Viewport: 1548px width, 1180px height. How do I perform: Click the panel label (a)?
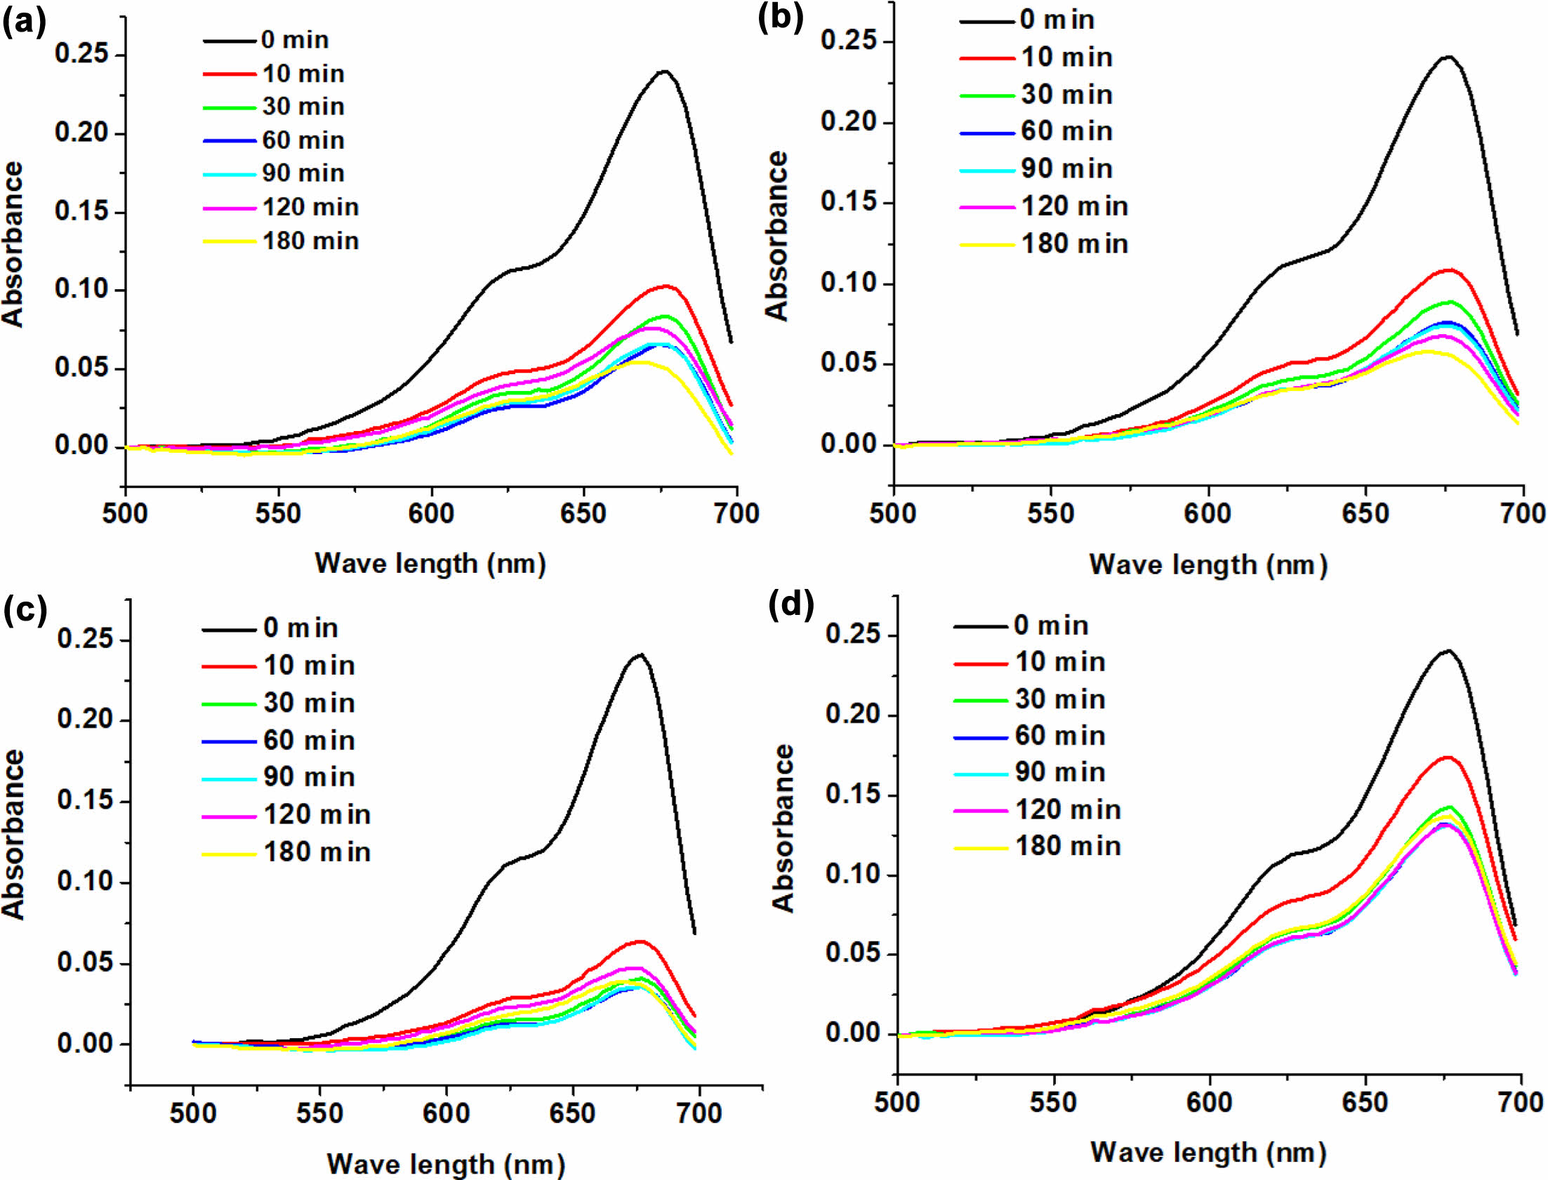point(25,23)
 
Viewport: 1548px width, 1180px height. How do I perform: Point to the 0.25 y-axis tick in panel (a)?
point(89,55)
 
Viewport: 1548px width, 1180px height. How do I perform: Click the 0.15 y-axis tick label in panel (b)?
point(854,202)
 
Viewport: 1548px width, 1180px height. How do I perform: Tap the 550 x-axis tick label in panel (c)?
point(319,1113)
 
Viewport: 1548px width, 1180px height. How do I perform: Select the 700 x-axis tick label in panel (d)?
point(1521,1102)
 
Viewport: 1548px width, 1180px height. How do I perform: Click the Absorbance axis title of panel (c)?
point(14,835)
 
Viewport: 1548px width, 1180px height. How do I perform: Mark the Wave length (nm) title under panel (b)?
point(1208,564)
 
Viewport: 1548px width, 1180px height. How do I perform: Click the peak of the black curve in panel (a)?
point(663,71)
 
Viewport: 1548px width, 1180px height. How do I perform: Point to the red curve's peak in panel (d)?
point(1447,757)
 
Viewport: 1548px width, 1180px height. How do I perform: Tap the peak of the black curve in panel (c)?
point(640,655)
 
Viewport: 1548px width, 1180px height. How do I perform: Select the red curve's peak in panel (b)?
point(1448,270)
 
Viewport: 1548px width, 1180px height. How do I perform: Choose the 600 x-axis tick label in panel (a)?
point(430,514)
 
